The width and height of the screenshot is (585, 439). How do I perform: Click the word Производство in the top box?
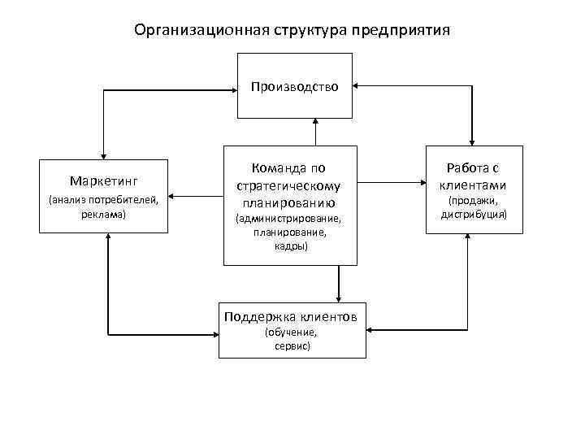(294, 85)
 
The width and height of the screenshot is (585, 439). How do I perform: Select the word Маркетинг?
(104, 180)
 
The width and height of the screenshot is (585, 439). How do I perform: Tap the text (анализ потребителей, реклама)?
(104, 206)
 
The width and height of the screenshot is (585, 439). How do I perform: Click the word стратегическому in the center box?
(290, 185)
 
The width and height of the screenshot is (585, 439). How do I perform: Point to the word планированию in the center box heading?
(290, 202)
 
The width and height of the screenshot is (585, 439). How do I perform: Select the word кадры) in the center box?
(290, 246)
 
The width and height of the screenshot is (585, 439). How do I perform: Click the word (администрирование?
(290, 219)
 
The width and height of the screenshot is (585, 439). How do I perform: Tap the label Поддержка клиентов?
(291, 316)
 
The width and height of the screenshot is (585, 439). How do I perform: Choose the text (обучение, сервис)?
(292, 339)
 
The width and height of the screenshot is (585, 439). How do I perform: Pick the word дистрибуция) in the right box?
(474, 215)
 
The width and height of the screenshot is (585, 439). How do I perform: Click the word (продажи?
(474, 200)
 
